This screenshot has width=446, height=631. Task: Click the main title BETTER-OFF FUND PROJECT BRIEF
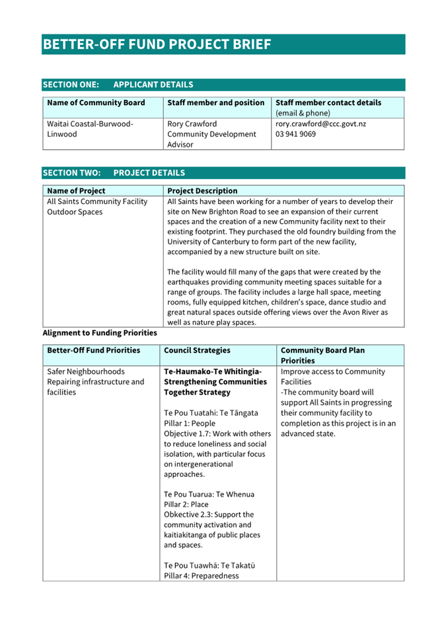click(157, 44)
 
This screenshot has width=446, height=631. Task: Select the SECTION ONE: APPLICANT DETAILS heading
click(118, 85)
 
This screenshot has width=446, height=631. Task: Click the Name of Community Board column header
click(96, 103)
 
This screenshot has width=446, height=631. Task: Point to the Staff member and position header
click(216, 103)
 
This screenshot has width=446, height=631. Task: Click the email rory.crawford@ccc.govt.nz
click(320, 124)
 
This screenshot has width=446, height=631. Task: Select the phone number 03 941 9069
click(295, 134)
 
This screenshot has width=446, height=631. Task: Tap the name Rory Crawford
click(192, 124)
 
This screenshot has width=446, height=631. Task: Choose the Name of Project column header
click(76, 191)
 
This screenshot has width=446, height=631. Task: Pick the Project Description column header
click(202, 191)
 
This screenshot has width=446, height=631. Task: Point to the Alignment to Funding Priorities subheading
click(100, 333)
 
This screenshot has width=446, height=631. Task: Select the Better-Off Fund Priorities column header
click(94, 350)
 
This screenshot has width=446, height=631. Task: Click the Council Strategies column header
click(197, 350)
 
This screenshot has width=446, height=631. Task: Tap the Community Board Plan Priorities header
click(322, 355)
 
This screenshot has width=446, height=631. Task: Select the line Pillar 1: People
click(192, 423)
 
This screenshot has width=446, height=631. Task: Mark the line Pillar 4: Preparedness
click(202, 575)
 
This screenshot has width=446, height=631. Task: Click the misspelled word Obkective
click(183, 515)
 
